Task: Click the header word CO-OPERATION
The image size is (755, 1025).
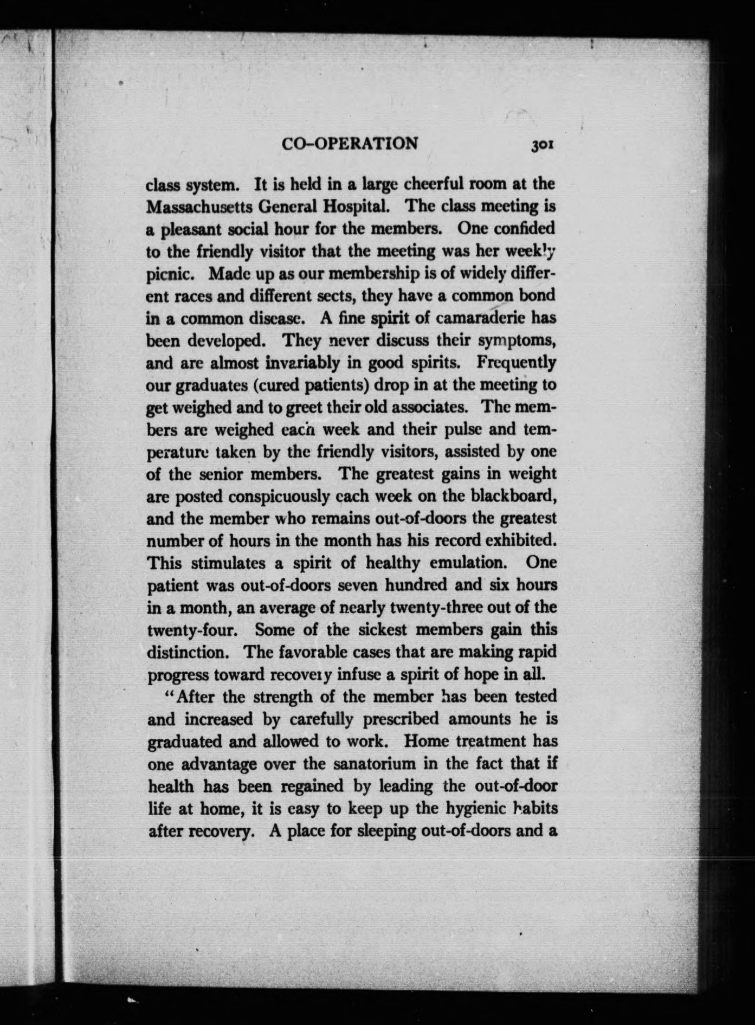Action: (350, 144)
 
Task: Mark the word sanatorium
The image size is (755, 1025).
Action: (386, 764)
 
